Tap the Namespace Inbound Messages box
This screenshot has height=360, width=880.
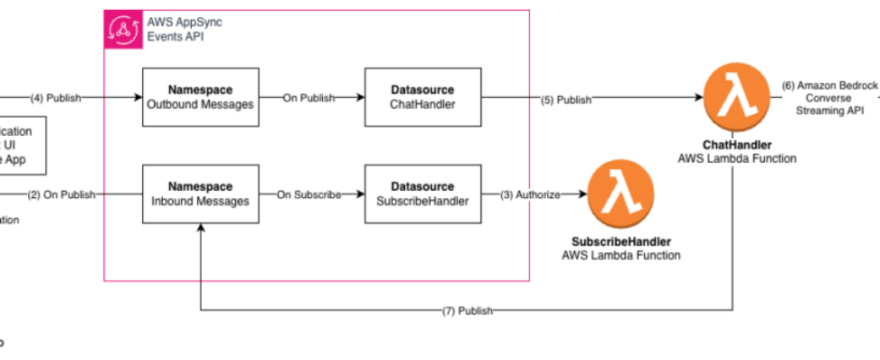click(202, 194)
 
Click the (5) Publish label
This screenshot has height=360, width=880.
click(566, 100)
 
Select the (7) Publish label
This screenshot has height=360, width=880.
click(467, 311)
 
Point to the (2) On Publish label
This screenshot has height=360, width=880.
click(60, 194)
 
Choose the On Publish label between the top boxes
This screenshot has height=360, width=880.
click(309, 98)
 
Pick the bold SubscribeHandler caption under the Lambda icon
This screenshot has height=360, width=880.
click(621, 242)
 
